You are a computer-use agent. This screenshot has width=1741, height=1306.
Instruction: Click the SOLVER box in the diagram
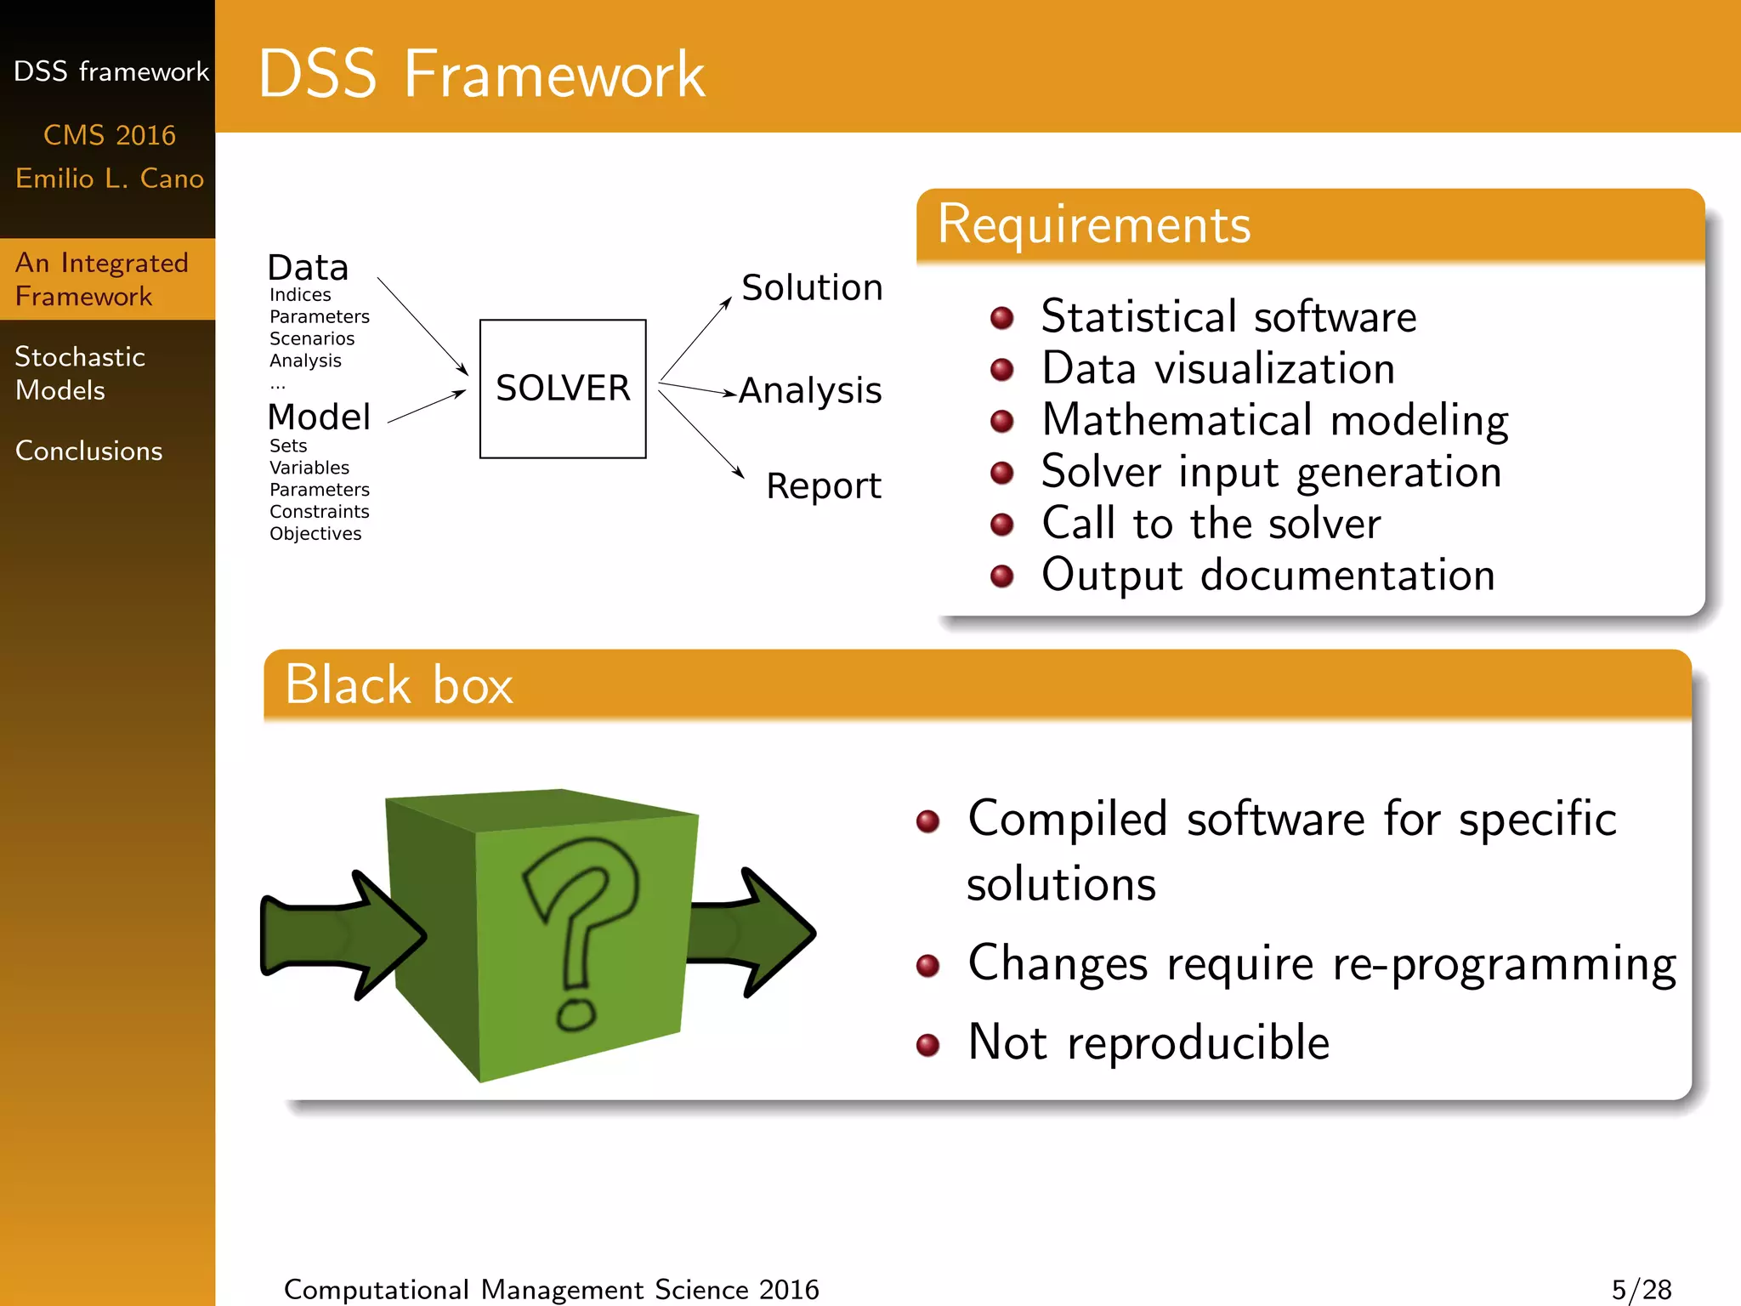pos(563,389)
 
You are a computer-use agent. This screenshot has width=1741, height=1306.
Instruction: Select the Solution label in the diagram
pos(812,288)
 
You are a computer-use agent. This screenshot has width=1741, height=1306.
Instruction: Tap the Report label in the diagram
pos(823,486)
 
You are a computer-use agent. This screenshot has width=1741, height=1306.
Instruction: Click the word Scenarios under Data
pos(312,338)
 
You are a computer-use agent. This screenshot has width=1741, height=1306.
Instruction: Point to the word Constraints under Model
pos(319,512)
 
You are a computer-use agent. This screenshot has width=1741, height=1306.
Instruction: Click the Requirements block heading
pos(1094,225)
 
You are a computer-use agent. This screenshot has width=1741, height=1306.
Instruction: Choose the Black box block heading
pos(399,685)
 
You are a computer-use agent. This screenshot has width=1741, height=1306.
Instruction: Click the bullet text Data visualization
pos(1217,369)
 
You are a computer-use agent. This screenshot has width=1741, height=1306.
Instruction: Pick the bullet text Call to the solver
pos(1211,524)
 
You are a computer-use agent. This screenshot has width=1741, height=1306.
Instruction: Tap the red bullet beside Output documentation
pos(1002,576)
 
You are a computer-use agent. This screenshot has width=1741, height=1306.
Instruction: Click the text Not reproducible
pos(1148,1043)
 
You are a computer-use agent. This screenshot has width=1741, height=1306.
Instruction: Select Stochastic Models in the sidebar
pos(80,373)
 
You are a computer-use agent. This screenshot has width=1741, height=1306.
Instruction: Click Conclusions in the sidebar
pos(88,451)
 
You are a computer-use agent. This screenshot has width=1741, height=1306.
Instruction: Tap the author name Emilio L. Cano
pos(110,179)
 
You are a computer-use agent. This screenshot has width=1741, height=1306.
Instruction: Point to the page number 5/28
pos(1641,1289)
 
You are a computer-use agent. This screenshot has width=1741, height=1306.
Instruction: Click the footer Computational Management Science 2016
pos(551,1289)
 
